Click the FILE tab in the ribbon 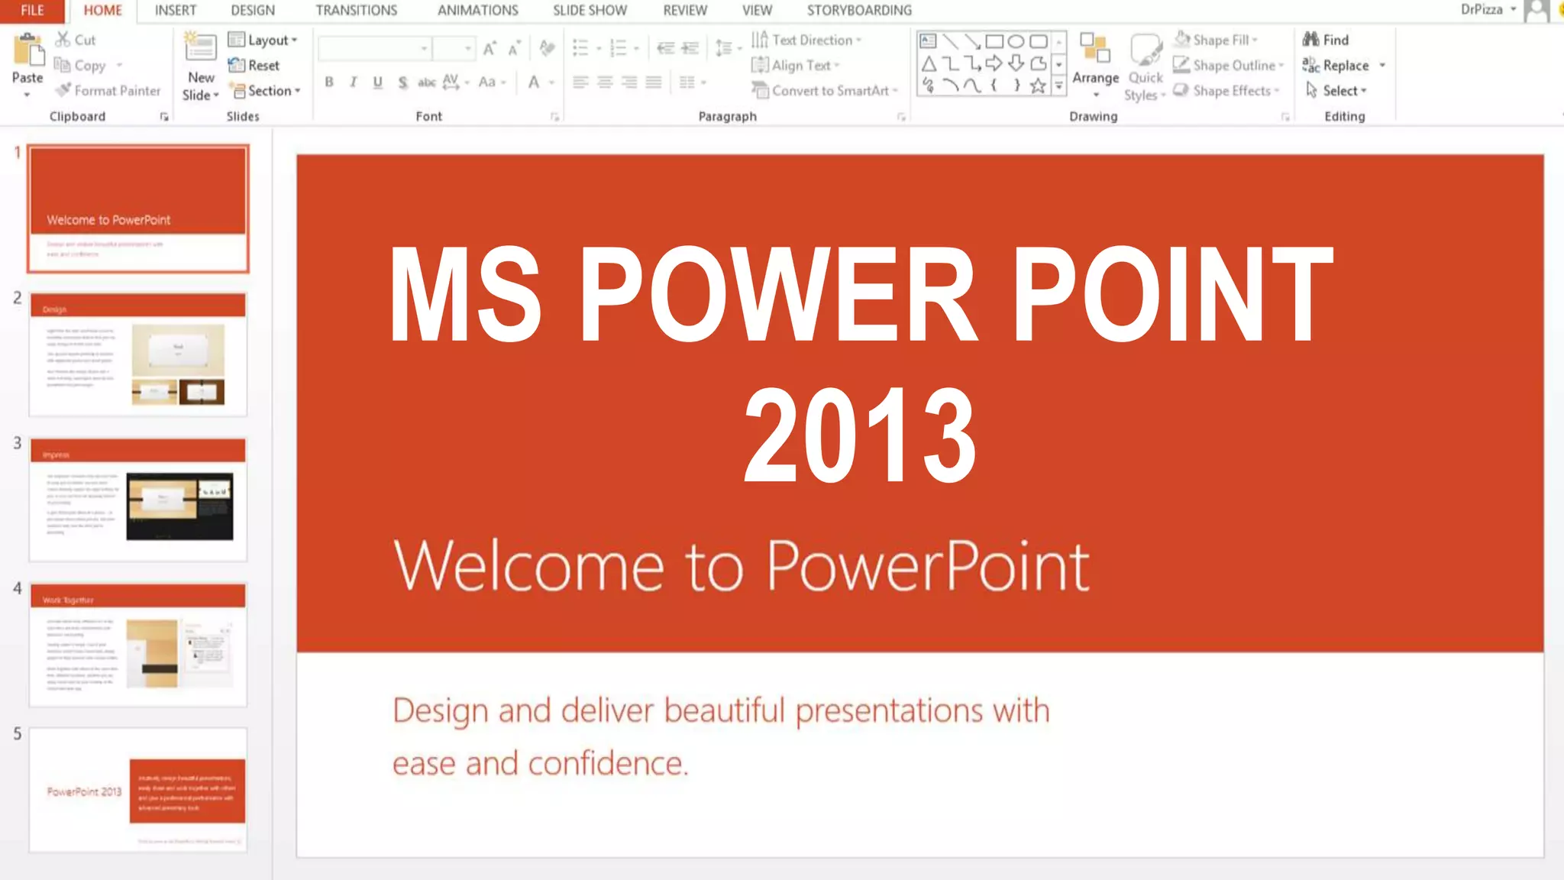click(x=32, y=11)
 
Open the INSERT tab click(x=175, y=11)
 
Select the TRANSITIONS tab click(x=356, y=11)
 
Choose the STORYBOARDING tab click(x=859, y=11)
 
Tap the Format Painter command click(x=108, y=91)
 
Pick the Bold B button click(x=329, y=82)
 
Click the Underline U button click(x=377, y=82)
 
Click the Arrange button click(x=1095, y=61)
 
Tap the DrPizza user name click(x=1481, y=10)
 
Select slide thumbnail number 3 click(x=138, y=500)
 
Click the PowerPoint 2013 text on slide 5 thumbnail click(x=84, y=791)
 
